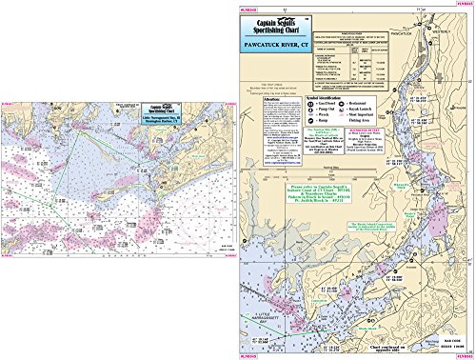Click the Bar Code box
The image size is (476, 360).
click(442, 342)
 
